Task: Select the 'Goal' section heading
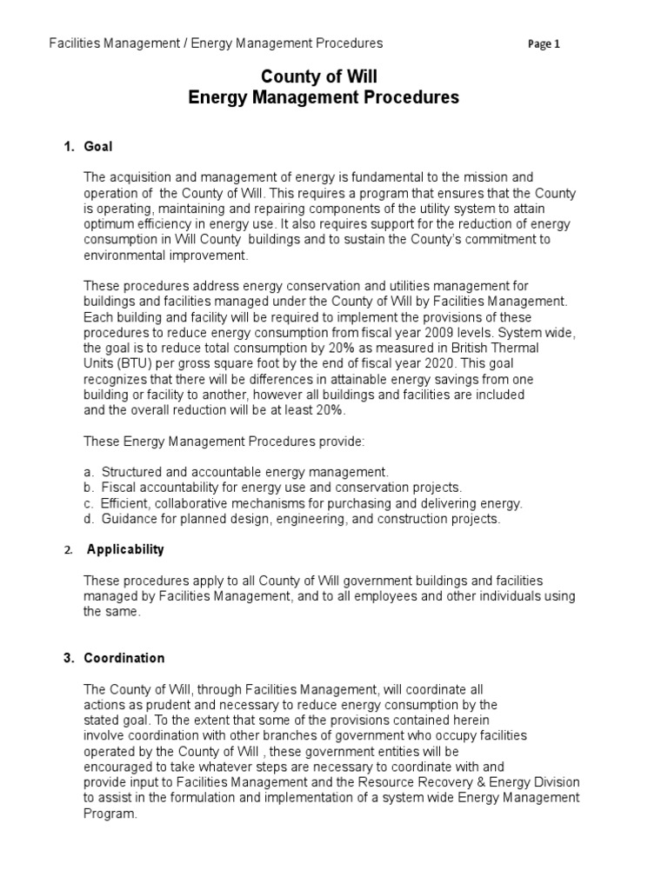pos(98,146)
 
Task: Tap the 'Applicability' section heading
pos(125,549)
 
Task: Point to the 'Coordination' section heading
pos(124,658)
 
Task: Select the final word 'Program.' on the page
pos(110,814)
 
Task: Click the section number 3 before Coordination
pos(68,658)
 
